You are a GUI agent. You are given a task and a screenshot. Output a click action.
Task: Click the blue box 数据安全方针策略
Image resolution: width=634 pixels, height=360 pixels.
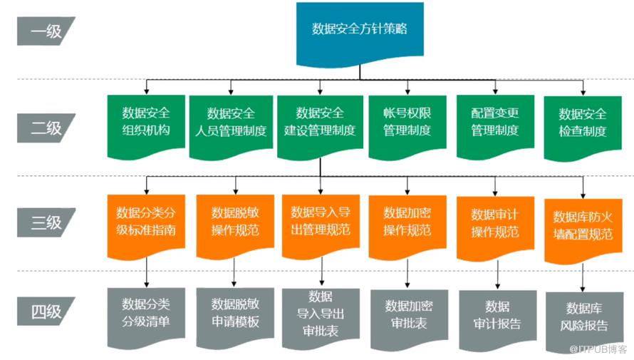pyautogui.click(x=360, y=29)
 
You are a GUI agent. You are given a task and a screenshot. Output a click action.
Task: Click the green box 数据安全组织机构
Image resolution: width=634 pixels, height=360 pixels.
pyautogui.click(x=145, y=122)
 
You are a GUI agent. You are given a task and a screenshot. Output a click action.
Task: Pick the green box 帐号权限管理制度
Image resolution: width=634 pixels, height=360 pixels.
pyautogui.click(x=407, y=122)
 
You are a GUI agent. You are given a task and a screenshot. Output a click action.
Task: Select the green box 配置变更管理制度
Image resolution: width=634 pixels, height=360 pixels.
pyautogui.click(x=494, y=122)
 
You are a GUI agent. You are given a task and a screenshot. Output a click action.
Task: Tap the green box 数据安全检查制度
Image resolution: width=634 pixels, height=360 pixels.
pyautogui.click(x=583, y=123)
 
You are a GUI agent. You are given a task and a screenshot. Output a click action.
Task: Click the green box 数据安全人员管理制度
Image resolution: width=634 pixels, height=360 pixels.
pyautogui.click(x=231, y=123)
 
